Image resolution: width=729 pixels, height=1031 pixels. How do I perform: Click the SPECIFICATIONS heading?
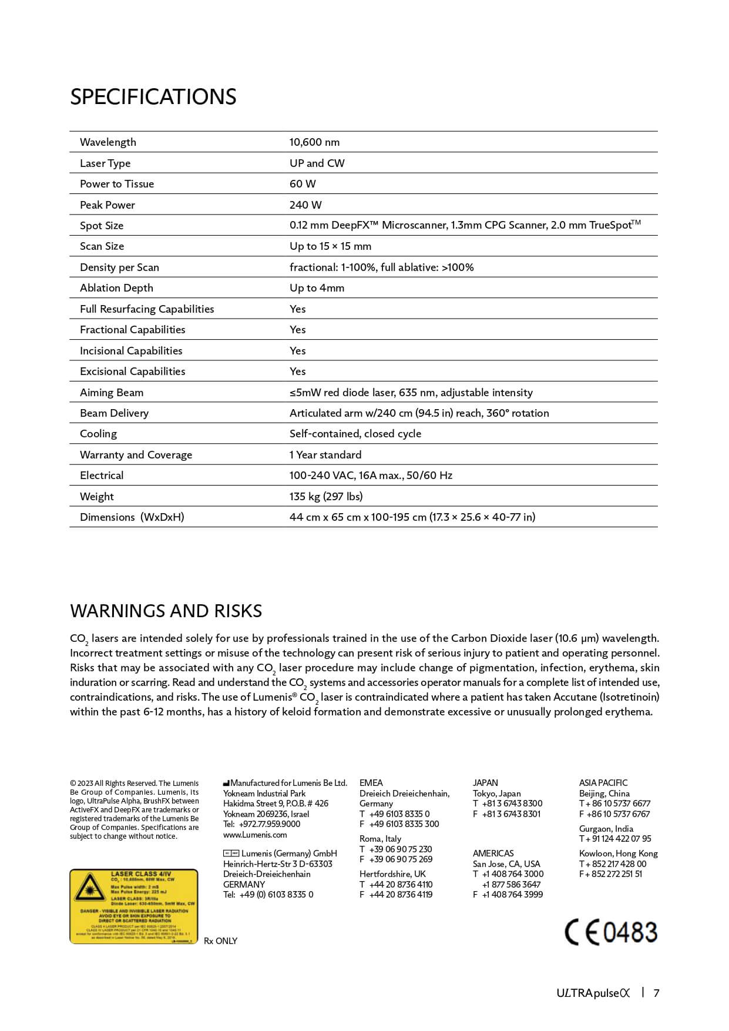pos(153,97)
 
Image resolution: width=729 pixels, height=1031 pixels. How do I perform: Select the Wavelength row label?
pos(108,142)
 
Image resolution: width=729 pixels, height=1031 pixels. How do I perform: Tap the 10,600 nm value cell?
pos(314,142)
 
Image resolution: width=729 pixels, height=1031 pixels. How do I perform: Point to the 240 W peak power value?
pos(305,205)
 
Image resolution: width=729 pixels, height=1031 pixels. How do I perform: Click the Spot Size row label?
pos(102,226)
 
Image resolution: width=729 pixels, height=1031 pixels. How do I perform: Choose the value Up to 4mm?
pos(317,288)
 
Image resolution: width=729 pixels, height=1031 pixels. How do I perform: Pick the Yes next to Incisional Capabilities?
pos(298,351)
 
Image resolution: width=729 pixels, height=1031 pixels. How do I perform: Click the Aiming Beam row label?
pos(112,393)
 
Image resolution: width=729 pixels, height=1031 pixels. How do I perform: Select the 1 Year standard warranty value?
pos(325,455)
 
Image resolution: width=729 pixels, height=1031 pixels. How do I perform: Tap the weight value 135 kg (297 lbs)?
pos(326,497)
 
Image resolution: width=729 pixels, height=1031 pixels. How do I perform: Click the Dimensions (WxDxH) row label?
pos(132,517)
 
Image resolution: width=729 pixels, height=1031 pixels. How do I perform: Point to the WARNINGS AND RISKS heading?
pos(166,611)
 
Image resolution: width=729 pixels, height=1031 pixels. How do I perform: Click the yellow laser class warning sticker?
pos(134,906)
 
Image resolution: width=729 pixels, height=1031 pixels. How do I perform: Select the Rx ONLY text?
pos(221,941)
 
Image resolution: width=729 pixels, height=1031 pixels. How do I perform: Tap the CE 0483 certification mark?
pos(611,933)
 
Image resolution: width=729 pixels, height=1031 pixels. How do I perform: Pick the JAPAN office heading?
pos(485,783)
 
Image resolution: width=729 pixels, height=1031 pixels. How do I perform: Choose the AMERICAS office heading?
pos(493,853)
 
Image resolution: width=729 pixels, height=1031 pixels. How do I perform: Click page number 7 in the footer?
pos(657,993)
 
